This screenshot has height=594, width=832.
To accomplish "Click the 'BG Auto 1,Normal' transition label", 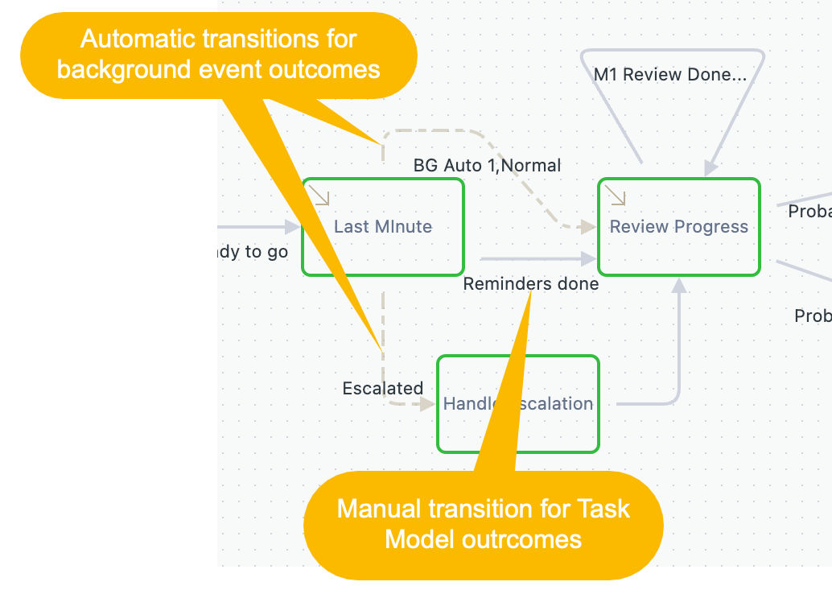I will coord(487,166).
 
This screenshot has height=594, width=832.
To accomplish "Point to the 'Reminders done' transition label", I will coord(531,284).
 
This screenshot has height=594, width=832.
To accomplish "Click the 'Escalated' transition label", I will coord(382,389).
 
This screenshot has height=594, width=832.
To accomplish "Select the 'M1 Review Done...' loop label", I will coord(670,75).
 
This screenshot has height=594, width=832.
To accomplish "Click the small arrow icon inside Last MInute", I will coord(320,196).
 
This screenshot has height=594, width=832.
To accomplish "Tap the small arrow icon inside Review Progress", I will coord(616,196).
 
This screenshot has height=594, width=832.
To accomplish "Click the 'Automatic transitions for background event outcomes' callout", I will coord(218,54).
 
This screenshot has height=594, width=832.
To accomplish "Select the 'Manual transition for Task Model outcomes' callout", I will coord(483,523).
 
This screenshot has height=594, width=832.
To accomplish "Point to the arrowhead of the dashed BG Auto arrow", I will coord(589,228).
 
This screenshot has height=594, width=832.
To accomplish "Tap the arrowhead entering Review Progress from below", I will coord(679,286).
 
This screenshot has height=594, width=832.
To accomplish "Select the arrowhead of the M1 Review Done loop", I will coord(710,167).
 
